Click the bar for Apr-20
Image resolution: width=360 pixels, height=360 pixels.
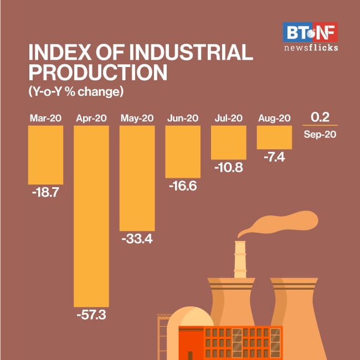[x=91, y=216]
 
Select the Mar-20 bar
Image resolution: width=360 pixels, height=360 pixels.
[x=45, y=154]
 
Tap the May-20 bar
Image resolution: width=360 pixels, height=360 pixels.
[x=137, y=177]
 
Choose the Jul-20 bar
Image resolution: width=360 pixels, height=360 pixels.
[x=228, y=142]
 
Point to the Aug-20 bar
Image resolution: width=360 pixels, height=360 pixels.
[x=274, y=137]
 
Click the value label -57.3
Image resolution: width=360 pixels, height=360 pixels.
[x=91, y=316]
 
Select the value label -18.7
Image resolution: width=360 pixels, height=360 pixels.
[x=45, y=193]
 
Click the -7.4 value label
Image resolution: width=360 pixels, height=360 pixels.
[x=274, y=157]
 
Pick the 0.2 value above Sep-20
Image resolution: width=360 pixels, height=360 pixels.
[x=320, y=117]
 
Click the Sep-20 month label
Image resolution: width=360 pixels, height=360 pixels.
[x=320, y=134]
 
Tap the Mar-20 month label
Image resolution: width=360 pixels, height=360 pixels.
[x=45, y=118]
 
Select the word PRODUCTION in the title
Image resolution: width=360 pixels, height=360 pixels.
[x=97, y=73]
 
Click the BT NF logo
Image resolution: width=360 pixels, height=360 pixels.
[x=310, y=32]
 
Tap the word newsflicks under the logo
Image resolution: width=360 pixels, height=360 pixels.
[x=310, y=48]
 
